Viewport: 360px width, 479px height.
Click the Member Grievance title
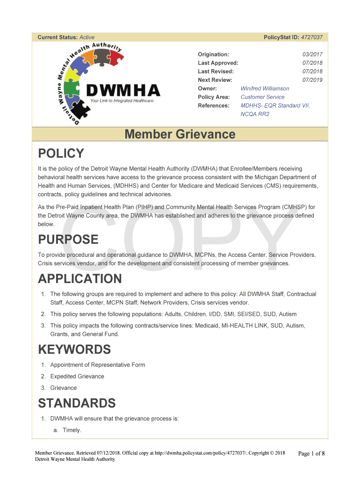(180, 135)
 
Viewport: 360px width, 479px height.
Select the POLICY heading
(61, 153)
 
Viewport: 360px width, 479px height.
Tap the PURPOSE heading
(68, 239)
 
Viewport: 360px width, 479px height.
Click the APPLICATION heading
(79, 279)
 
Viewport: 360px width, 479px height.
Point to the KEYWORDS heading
(74, 349)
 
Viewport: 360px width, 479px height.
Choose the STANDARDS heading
(77, 403)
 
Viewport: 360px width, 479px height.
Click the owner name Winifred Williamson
(265, 88)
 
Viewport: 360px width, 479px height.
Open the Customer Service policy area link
(262, 97)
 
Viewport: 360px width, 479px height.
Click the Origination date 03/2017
(313, 55)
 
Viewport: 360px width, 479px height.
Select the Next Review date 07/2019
(313, 80)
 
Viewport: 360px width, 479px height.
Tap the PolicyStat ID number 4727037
(311, 37)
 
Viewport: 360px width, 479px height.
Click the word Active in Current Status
(87, 37)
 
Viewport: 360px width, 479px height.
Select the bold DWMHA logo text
(124, 90)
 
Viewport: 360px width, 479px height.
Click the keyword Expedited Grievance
(77, 376)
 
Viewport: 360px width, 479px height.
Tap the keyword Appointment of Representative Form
(98, 365)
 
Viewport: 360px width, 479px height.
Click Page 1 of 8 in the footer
(311, 453)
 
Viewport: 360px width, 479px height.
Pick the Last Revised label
(216, 72)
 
